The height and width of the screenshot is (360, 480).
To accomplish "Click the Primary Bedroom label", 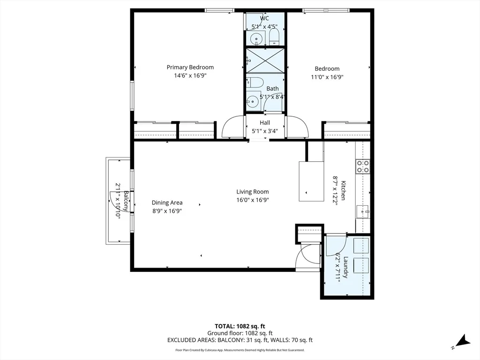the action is point(190,67).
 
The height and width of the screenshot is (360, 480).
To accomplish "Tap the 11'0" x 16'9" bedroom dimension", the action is point(327,77).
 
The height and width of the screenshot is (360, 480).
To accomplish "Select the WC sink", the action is point(255,39).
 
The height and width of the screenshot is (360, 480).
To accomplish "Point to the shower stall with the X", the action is point(265,60).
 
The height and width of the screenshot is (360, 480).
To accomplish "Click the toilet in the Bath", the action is point(255,82).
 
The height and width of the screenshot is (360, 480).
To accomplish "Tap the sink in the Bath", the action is point(253,100).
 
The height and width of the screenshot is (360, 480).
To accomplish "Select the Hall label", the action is point(265,123).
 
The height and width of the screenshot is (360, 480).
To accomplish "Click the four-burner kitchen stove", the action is point(363,166).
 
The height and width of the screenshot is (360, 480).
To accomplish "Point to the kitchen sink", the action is point(363,211).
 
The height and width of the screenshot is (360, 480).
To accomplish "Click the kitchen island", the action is point(311,181).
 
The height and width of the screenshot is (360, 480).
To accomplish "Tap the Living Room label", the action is point(253,192).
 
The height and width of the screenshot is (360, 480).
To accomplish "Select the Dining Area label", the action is point(167,202).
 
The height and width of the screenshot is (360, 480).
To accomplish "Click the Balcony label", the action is point(126,201).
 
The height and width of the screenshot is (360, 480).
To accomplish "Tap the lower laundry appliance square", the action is point(361,265).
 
